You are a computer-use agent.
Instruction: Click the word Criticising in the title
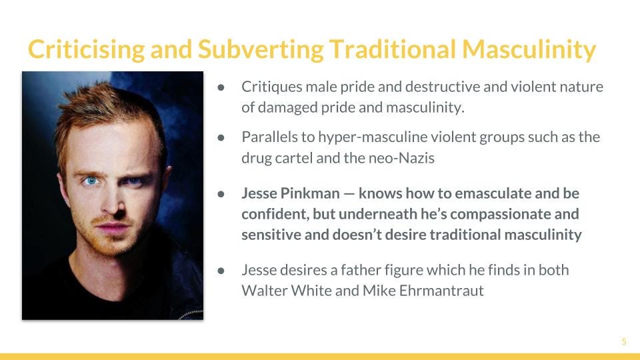(86, 49)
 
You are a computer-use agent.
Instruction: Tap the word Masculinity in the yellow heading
(529, 49)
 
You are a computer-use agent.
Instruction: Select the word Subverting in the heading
(261, 49)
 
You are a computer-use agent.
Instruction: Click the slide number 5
(624, 341)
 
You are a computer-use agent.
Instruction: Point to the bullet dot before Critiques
(221, 87)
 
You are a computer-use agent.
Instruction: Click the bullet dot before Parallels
(221, 137)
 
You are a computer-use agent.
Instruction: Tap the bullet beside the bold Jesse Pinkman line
(221, 194)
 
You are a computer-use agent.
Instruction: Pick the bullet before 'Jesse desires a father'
(221, 270)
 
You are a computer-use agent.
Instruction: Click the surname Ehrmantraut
(441, 291)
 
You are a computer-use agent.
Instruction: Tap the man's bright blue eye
(91, 181)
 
